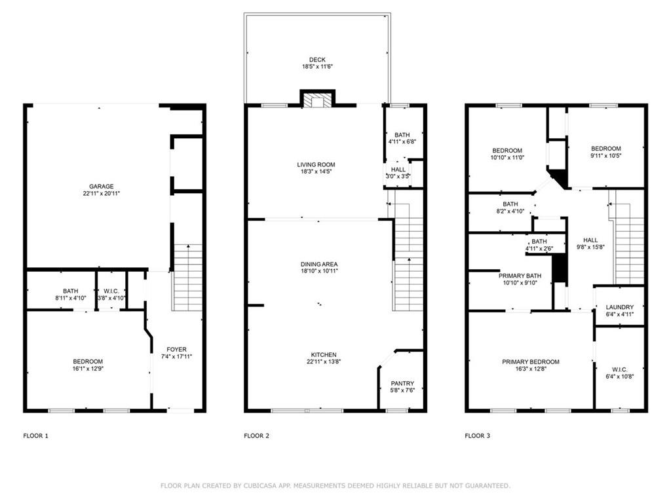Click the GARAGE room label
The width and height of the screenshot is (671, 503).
click(102, 186)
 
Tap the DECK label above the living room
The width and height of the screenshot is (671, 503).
click(317, 60)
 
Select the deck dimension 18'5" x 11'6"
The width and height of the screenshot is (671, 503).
click(317, 67)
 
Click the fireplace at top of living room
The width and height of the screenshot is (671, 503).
click(317, 100)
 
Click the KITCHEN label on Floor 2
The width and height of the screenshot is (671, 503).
click(323, 354)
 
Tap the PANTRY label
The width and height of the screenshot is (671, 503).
click(402, 383)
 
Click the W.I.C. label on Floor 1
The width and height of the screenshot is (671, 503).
click(111, 291)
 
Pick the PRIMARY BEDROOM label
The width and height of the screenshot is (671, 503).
click(531, 362)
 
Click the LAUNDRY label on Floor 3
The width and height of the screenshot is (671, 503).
click(619, 307)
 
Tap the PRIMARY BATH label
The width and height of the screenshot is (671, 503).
click(520, 276)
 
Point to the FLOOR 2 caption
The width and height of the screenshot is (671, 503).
click(256, 436)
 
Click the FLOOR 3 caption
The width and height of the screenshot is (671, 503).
click(477, 436)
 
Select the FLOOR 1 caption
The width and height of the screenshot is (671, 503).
click(35, 436)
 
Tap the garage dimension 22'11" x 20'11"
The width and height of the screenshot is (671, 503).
click(102, 193)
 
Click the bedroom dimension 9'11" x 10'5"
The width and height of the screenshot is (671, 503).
click(605, 155)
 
